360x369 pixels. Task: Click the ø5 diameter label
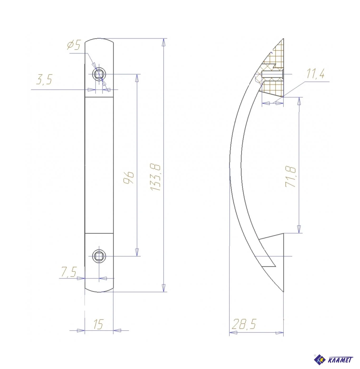(x=74, y=45)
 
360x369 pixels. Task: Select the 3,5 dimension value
(x=44, y=79)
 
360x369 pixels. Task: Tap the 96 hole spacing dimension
(x=128, y=178)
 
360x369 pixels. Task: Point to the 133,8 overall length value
(x=155, y=177)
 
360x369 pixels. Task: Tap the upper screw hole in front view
(x=99, y=74)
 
